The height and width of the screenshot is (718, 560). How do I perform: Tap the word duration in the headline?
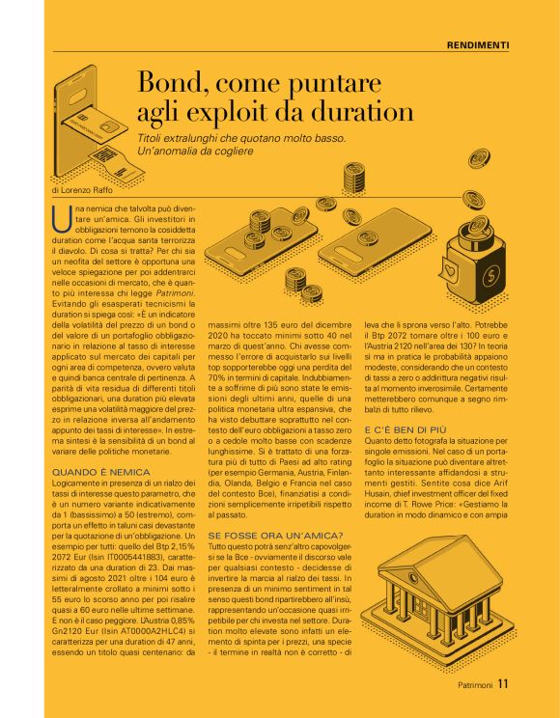(350, 111)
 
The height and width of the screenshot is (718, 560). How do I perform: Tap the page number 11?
(503, 685)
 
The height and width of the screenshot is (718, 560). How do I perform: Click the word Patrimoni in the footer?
(475, 686)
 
